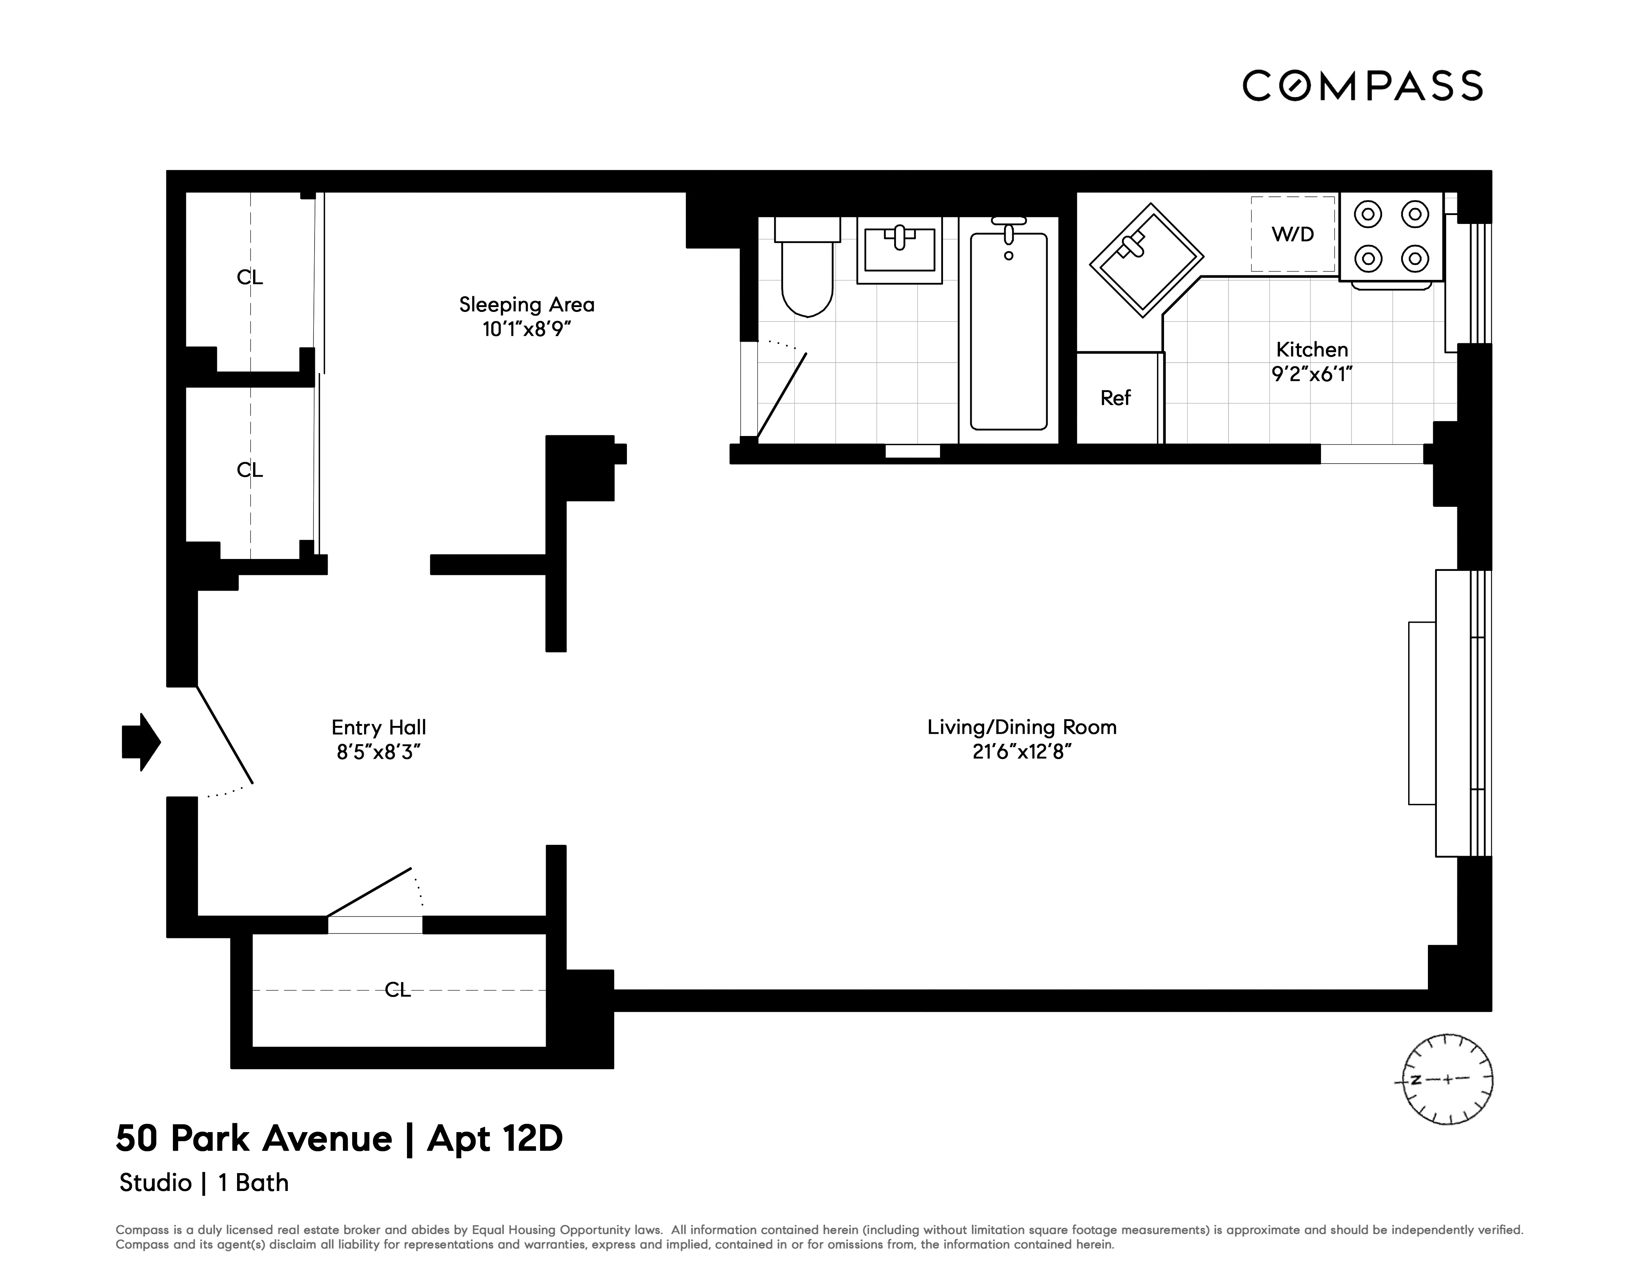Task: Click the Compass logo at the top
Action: click(x=1362, y=86)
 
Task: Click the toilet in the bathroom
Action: click(x=807, y=270)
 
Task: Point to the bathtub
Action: click(x=1009, y=330)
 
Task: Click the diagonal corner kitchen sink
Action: click(x=1146, y=260)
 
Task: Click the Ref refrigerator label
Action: click(x=1115, y=398)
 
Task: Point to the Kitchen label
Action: click(x=1312, y=350)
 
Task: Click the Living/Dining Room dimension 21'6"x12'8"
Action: click(x=1021, y=751)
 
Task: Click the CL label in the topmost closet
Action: click(x=250, y=278)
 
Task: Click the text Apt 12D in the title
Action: click(x=495, y=1139)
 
